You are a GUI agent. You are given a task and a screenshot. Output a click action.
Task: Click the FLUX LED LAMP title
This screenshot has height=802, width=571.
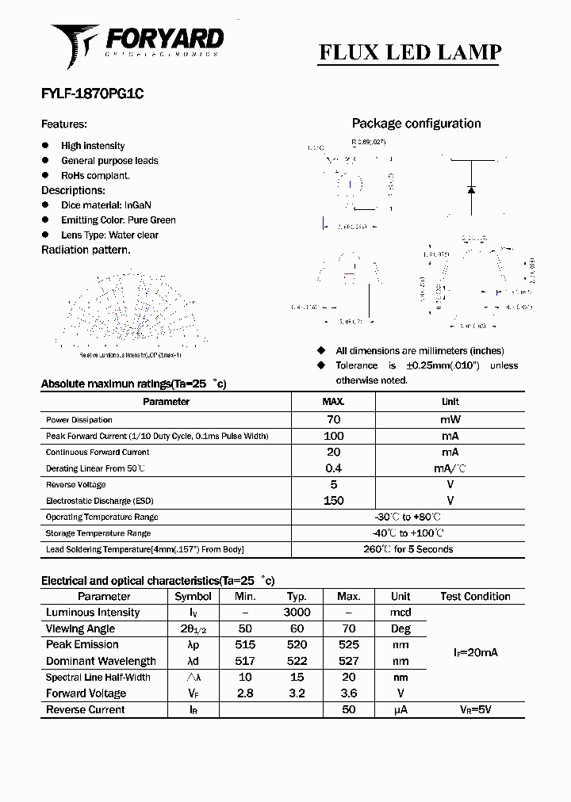[x=410, y=52]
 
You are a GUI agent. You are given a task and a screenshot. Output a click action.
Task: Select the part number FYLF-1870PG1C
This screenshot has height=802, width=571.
[x=92, y=94]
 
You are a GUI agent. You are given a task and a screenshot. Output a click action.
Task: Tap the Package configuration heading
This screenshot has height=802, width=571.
[x=416, y=124]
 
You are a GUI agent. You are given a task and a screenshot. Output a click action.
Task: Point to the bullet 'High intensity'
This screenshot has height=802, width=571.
[x=93, y=146]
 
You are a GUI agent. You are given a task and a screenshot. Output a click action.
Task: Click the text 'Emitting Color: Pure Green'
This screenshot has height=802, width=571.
[x=118, y=220]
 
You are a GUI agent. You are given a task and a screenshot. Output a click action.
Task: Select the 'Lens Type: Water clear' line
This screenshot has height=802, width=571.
[x=109, y=235]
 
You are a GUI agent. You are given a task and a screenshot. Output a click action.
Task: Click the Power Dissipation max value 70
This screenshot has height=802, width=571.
[x=333, y=420]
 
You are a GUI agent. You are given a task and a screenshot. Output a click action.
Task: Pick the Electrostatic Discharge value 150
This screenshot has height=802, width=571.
[x=333, y=501]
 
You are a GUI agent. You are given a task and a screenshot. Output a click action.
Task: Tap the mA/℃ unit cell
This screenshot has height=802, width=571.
[x=450, y=468]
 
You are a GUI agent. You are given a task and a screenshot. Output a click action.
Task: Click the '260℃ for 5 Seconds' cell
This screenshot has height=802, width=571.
[x=408, y=549]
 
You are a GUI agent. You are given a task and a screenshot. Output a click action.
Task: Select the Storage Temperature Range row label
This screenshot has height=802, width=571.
[x=98, y=533]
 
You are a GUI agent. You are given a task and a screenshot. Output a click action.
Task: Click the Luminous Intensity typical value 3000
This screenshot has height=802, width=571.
[x=297, y=613]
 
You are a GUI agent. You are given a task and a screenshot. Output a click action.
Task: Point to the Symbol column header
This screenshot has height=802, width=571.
[x=193, y=597]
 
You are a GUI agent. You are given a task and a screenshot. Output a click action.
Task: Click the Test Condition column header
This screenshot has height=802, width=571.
[x=475, y=597]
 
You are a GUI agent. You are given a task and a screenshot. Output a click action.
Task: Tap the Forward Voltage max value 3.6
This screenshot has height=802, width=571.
[x=348, y=693]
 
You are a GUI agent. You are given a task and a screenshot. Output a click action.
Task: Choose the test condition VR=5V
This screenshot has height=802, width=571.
[x=475, y=710]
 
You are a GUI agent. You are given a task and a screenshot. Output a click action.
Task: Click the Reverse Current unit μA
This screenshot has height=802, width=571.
[x=400, y=710]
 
